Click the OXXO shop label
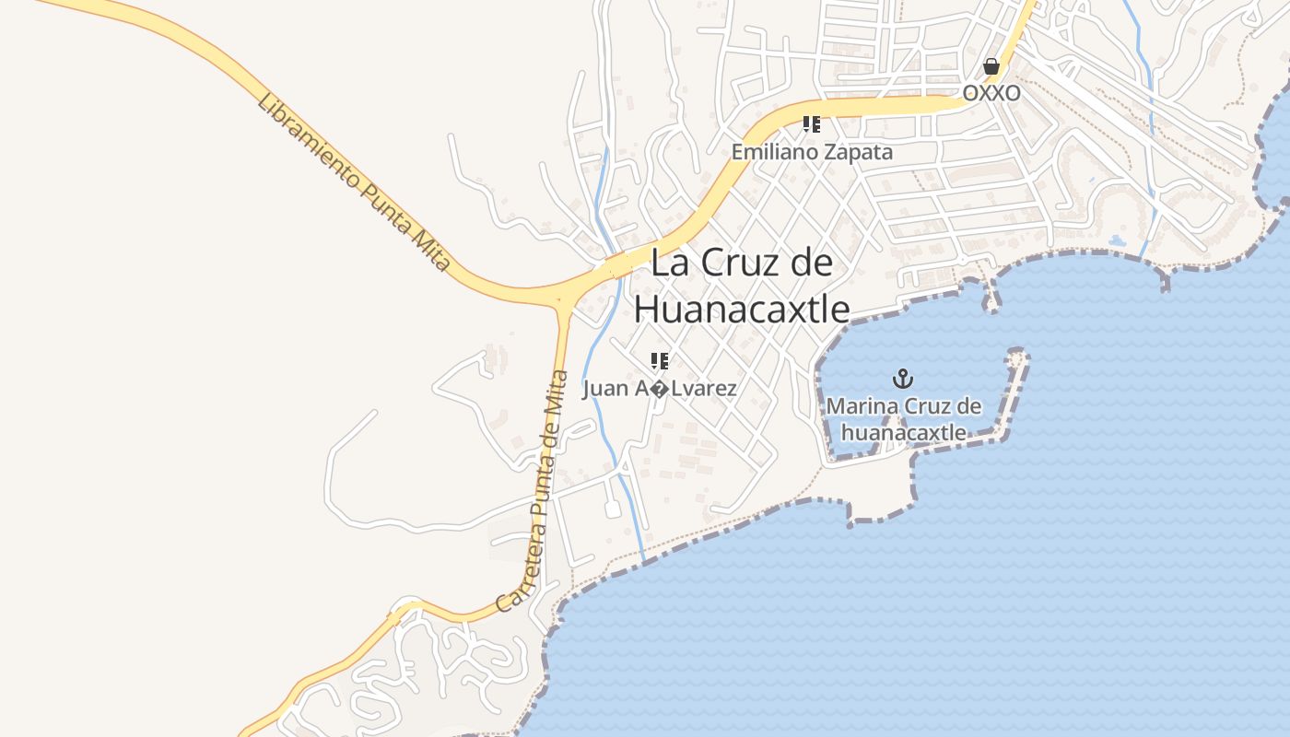point(991,93)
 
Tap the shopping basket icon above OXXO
point(991,66)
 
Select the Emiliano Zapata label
point(812,152)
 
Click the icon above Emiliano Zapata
point(812,123)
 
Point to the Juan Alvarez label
point(660,389)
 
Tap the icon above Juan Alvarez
point(660,360)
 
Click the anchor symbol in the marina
point(903,378)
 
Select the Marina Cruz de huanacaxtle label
point(904,419)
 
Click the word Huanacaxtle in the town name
point(742,309)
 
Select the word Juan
point(605,389)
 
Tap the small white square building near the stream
point(613,509)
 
